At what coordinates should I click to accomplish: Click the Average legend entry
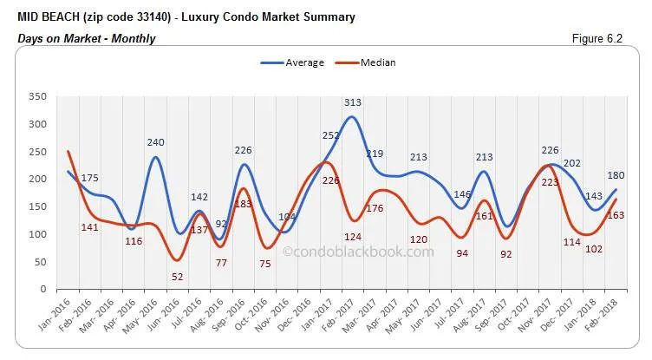click(292, 62)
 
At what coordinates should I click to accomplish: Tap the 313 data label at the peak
click(352, 102)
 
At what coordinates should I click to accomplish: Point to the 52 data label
click(177, 276)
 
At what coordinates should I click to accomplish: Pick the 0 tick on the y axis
click(40, 289)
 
